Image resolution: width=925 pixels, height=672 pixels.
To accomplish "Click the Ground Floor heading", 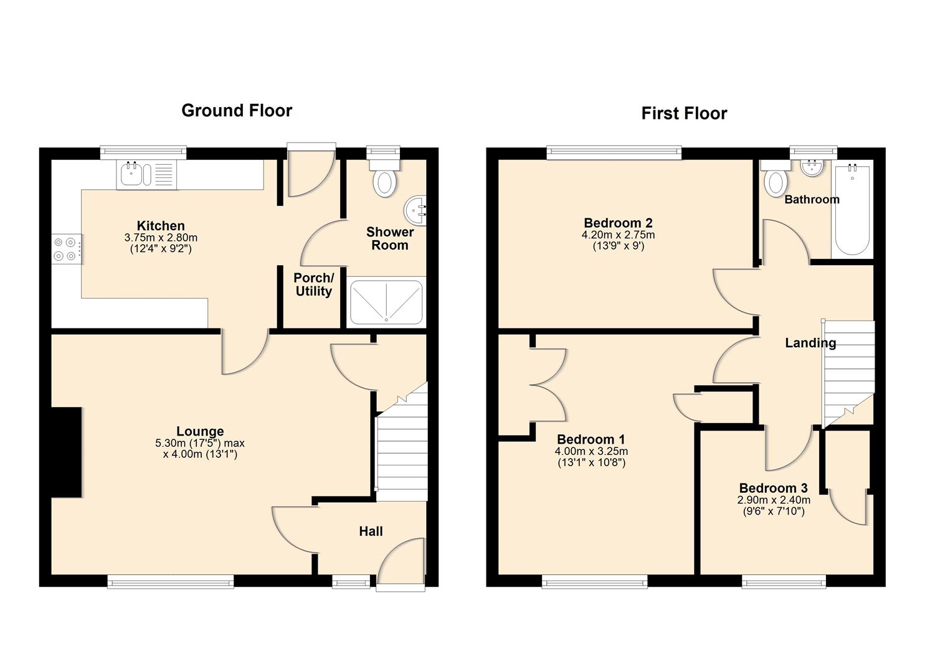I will pos(237,111).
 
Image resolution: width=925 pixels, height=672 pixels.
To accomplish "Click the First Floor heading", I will pos(684,113).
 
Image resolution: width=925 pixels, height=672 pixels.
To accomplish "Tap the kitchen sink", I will pos(133,175).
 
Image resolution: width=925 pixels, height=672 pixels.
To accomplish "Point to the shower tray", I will pos(386,302).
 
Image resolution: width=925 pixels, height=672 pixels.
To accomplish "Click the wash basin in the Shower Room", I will pos(416,210).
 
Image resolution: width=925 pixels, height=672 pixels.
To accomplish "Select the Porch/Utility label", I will pos(313,284).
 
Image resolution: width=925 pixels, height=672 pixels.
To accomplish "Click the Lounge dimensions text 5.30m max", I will pos(200,444).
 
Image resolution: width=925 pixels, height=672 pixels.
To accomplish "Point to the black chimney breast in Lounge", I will pos(67,452).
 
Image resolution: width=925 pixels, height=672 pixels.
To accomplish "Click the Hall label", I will pos(371,531).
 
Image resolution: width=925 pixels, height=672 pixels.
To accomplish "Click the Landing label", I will pos(810,343).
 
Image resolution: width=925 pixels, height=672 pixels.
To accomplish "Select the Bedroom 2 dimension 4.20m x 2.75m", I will pos(618,235).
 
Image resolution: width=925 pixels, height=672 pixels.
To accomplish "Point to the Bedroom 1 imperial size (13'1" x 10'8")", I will pos(591,462).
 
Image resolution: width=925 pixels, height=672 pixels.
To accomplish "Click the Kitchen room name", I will pos(161,226).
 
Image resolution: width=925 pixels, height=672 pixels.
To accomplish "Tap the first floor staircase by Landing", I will pos(848,373).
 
